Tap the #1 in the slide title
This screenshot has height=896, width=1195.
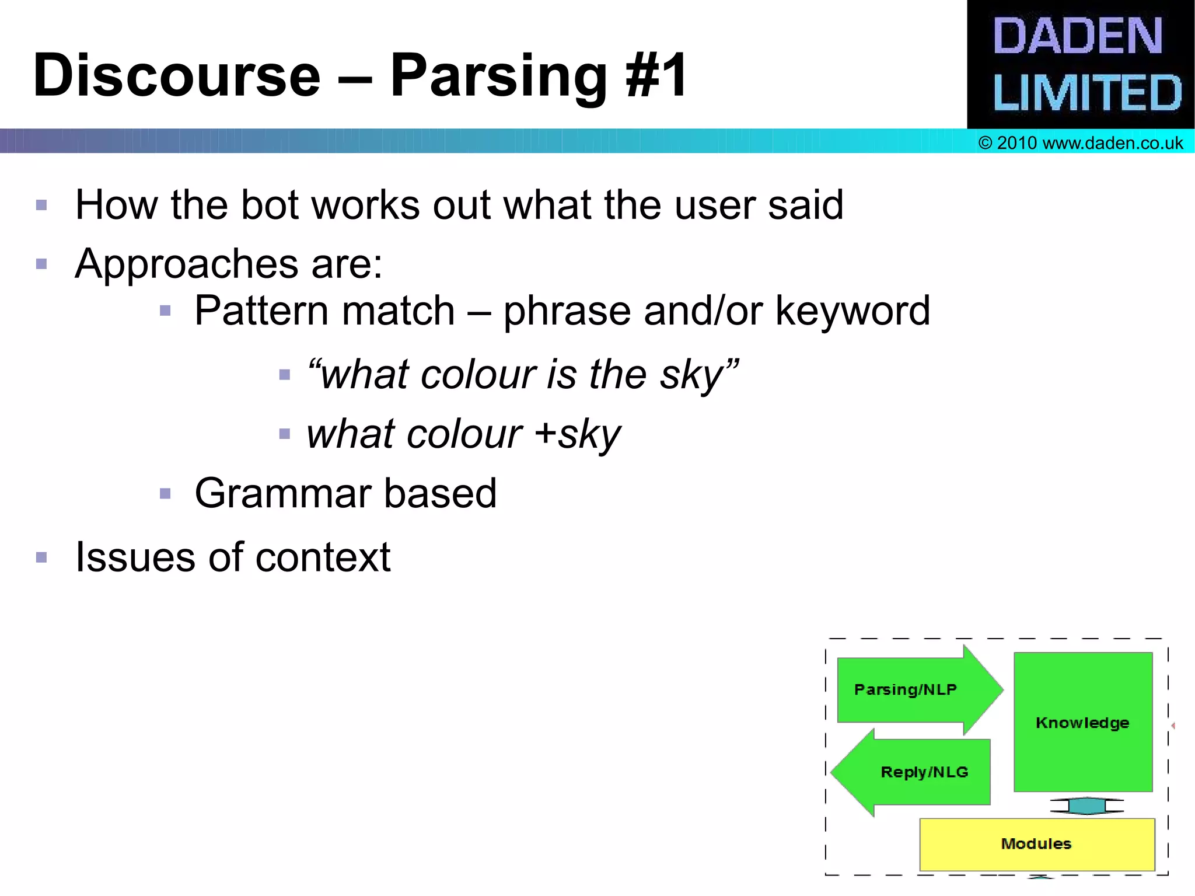(656, 76)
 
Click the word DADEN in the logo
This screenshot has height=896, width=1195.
(1077, 36)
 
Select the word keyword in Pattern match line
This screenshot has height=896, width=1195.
(852, 311)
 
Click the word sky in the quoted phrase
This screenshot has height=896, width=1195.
(691, 375)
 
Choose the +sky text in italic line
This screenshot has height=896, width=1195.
(578, 435)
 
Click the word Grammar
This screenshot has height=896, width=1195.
(282, 494)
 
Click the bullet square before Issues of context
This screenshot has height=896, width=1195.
(41, 557)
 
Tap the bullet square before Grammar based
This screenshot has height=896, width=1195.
(165, 494)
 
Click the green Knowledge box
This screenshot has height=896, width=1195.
(1082, 722)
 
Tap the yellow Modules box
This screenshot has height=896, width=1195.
(1036, 844)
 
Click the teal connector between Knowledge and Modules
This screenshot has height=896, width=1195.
(1086, 806)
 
